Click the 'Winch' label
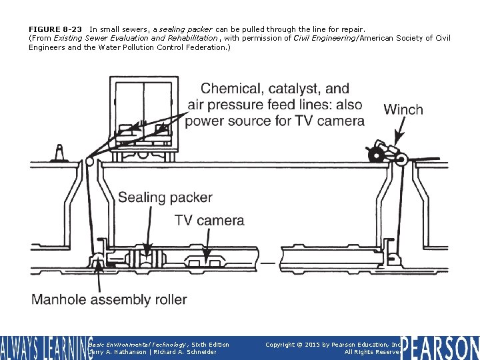pos(403,109)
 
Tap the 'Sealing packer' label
pos(165,197)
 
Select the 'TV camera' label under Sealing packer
pos(209,220)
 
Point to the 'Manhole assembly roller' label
pos(109,299)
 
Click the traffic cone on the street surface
pos(59,154)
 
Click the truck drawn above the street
pos(144,117)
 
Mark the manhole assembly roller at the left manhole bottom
pos(97,259)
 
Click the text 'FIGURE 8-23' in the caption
pos(55,29)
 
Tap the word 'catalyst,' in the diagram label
pos(297,89)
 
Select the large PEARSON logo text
pos(440,347)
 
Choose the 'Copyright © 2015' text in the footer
pos(297,345)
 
